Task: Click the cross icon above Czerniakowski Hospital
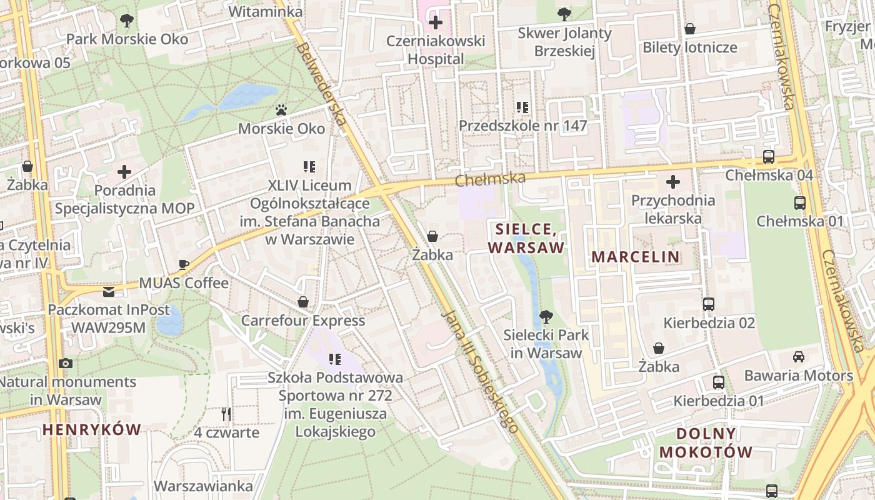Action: [x=436, y=23]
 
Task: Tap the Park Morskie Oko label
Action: [x=127, y=39]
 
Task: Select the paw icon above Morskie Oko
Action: [x=281, y=110]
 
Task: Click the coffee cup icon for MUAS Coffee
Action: [x=183, y=264]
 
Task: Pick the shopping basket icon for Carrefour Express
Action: [x=303, y=302]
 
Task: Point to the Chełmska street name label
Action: [x=490, y=179]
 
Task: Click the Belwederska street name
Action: [x=321, y=83]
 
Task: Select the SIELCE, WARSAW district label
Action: [x=526, y=238]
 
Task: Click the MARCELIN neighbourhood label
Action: [x=636, y=256]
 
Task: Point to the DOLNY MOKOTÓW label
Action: [x=706, y=442]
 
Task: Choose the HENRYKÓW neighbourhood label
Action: [x=92, y=429]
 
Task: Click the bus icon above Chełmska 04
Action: [x=769, y=157]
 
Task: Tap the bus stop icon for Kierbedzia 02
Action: [x=709, y=304]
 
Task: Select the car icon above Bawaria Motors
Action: [x=798, y=357]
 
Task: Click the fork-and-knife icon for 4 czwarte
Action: [x=226, y=414]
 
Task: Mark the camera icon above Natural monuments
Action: [x=65, y=363]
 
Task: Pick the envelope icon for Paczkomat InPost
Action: [x=109, y=291]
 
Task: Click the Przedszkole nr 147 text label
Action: [x=523, y=126]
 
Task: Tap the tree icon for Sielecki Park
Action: [x=546, y=316]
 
